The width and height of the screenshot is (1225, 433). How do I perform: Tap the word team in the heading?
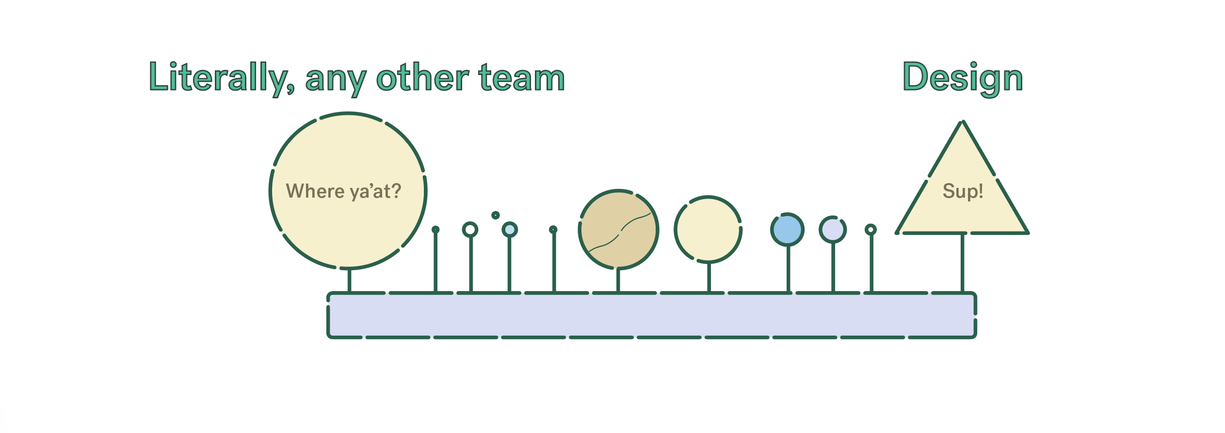pyautogui.click(x=521, y=77)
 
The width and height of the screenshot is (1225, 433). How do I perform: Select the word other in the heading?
pyautogui.click(x=422, y=77)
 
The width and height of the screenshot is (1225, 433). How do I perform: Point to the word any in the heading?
pyautogui.click(x=336, y=81)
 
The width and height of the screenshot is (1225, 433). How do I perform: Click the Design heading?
pyautogui.click(x=963, y=78)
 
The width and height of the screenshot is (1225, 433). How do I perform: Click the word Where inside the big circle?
pyautogui.click(x=315, y=191)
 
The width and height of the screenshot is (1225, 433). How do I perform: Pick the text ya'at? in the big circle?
pyautogui.click(x=376, y=192)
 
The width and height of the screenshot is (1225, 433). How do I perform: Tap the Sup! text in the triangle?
pyautogui.click(x=963, y=191)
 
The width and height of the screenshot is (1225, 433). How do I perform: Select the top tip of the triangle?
pyautogui.click(x=963, y=121)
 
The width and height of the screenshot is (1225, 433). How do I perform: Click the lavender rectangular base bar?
pyautogui.click(x=651, y=315)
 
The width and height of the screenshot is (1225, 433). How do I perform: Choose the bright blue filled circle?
pyautogui.click(x=787, y=230)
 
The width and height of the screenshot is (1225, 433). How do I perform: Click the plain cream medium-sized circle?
pyautogui.click(x=708, y=230)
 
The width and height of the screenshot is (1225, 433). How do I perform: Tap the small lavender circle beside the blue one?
pyautogui.click(x=833, y=230)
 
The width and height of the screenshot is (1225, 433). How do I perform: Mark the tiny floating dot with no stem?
pyautogui.click(x=495, y=215)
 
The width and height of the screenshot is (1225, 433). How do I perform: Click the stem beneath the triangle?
pyautogui.click(x=962, y=263)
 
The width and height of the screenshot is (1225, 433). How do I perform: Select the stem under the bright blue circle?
pyautogui.click(x=788, y=269)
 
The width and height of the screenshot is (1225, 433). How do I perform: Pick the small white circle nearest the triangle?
pyautogui.click(x=870, y=230)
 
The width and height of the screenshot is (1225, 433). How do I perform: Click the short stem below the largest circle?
pyautogui.click(x=349, y=280)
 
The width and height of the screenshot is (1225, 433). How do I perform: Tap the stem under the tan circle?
pyautogui.click(x=618, y=280)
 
